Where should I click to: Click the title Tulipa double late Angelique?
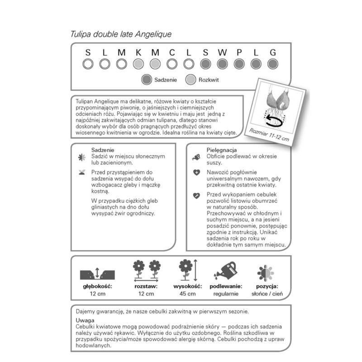[121, 34]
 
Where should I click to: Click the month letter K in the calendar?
[138, 52]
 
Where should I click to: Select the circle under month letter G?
[272, 64]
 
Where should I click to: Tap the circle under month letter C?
[171, 64]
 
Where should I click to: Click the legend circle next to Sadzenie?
[146, 80]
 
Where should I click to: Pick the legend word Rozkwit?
[209, 80]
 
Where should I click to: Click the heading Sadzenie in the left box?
[102, 150]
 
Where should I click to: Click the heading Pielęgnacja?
[222, 150]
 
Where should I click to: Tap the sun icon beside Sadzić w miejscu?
[81, 157]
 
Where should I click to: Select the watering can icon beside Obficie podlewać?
[196, 157]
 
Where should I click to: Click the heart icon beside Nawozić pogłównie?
[196, 172]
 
